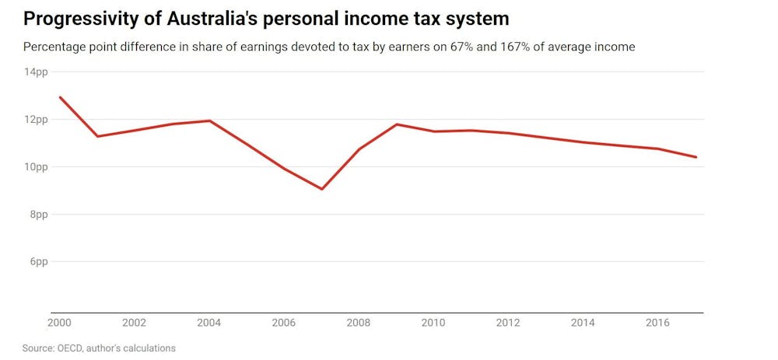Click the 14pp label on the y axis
[x=36, y=72]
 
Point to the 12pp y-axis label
[x=36, y=120]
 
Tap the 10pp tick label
[x=36, y=167]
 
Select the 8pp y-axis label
[x=38, y=215]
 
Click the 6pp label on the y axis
[x=38, y=262]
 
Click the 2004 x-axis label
[x=209, y=322]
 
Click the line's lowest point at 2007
[x=322, y=189]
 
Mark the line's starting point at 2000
[x=60, y=97]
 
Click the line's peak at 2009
[x=398, y=124]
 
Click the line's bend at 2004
[x=209, y=121]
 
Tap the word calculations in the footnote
[x=148, y=348]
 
